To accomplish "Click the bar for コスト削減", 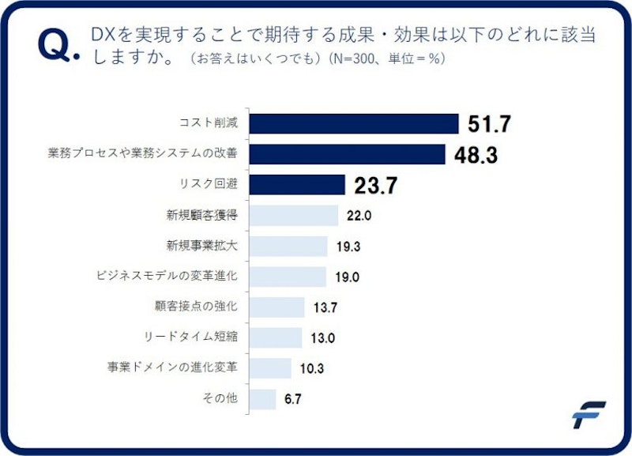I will pyautogui.click(x=354, y=124).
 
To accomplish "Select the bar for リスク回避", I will pyautogui.click(x=297, y=185).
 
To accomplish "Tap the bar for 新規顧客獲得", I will pyautogui.click(x=293, y=216).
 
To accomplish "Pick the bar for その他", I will pyautogui.click(x=262, y=399).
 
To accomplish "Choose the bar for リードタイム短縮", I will pyautogui.click(x=275, y=337).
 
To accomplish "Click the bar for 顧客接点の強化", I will pyautogui.click(x=276, y=307).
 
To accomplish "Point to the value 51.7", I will pyautogui.click(x=490, y=124).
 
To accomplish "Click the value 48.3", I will pyautogui.click(x=476, y=155).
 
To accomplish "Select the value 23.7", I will pyautogui.click(x=375, y=186).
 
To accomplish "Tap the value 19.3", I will pyautogui.click(x=348, y=247).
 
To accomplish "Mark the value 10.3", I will pyautogui.click(x=313, y=368).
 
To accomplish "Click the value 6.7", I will pyautogui.click(x=292, y=399).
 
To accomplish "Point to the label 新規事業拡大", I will pyautogui.click(x=201, y=247).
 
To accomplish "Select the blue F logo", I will pyautogui.click(x=589, y=415).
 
